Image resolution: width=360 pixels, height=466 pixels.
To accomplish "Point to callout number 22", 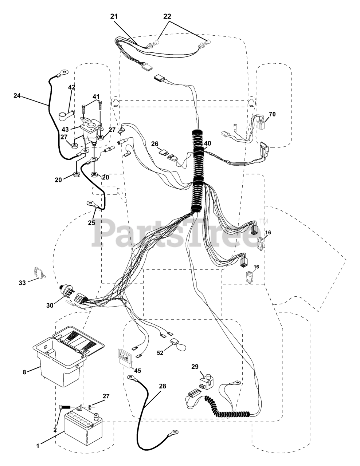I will point(167,16).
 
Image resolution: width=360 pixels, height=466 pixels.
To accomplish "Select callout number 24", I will point(17,96).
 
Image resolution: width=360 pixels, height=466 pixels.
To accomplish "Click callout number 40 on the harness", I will point(207,143).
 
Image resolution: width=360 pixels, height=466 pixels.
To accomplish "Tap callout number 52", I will point(160,353).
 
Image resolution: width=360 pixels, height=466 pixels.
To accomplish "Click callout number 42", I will point(71,87).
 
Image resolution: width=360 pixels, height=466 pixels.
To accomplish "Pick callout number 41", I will point(95,97).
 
